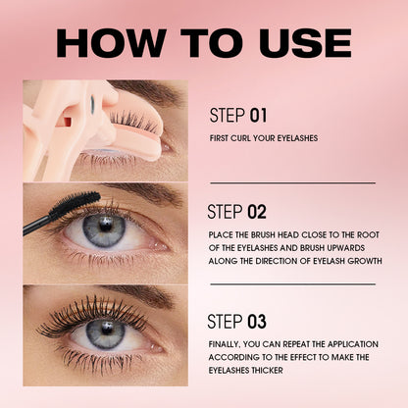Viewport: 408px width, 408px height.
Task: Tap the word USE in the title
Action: coord(298,42)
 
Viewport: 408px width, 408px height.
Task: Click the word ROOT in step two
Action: coord(362,235)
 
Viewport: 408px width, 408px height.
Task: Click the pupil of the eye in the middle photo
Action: coord(104,230)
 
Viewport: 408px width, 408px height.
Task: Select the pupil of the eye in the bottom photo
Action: coord(105,331)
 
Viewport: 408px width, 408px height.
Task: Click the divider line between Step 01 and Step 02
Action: coord(292,182)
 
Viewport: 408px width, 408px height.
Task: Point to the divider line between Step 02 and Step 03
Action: coord(292,284)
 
